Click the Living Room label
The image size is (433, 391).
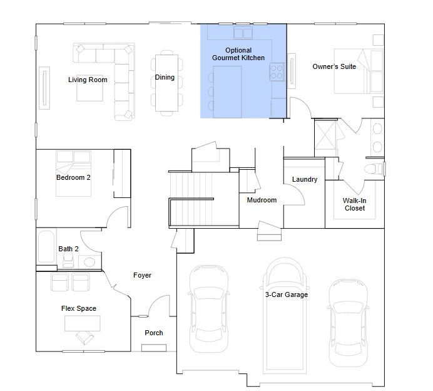(x=88, y=80)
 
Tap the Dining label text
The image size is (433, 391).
(x=165, y=78)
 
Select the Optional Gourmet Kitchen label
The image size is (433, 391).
(x=238, y=54)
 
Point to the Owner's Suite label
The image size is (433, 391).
(x=334, y=66)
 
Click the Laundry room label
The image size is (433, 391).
(x=305, y=180)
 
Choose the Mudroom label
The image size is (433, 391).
(x=262, y=201)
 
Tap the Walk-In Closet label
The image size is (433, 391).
(x=355, y=205)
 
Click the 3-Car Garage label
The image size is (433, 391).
(x=287, y=295)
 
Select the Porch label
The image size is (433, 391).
(x=154, y=333)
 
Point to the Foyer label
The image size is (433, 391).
(x=142, y=276)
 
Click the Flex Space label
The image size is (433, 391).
(x=79, y=308)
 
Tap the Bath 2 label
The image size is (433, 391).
(x=68, y=249)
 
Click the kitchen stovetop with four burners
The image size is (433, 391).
(x=277, y=72)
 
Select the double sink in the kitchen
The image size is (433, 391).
(x=243, y=33)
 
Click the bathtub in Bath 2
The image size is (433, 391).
(x=46, y=246)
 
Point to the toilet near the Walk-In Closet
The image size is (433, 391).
(x=374, y=169)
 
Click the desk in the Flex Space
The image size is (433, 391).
(x=83, y=323)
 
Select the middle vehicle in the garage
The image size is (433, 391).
(x=285, y=316)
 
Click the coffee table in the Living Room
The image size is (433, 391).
(x=89, y=88)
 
